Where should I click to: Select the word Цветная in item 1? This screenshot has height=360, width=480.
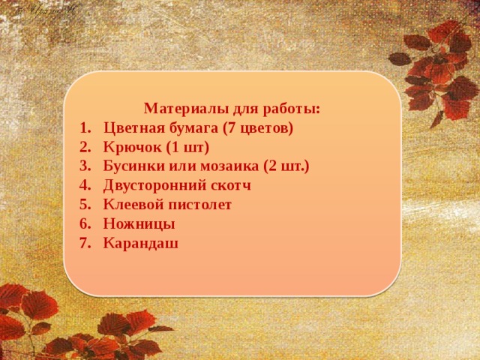click(x=135, y=127)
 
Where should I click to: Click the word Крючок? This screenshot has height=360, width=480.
click(x=129, y=147)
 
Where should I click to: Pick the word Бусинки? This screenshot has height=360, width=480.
click(x=134, y=166)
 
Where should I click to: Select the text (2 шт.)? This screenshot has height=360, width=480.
click(x=286, y=166)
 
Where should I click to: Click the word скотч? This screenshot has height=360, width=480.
click(x=228, y=185)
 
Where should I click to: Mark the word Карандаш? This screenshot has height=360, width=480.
click(x=141, y=242)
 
